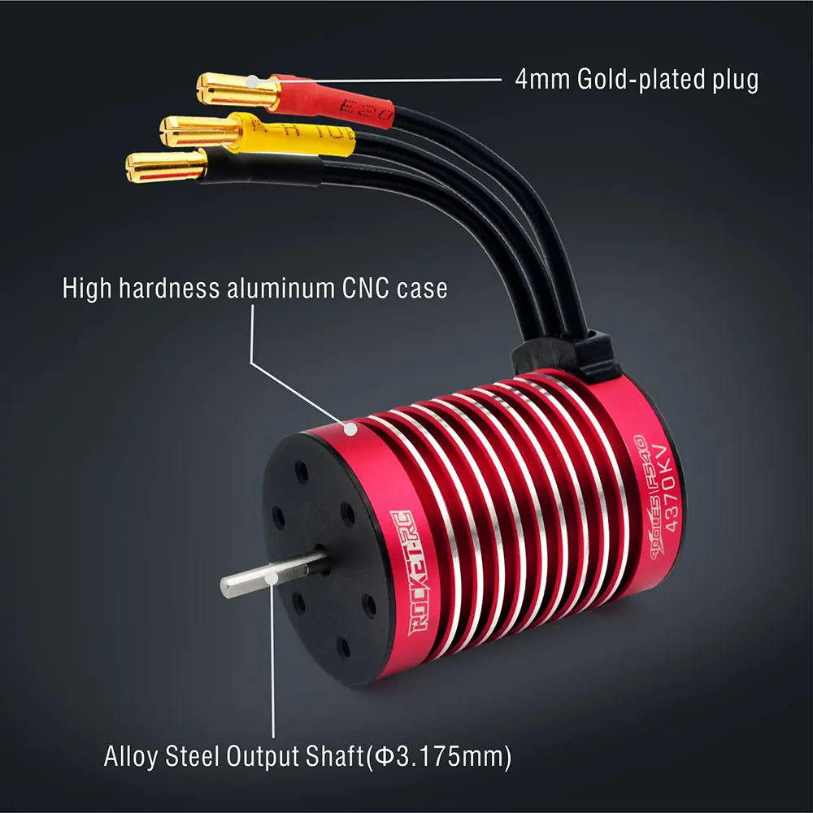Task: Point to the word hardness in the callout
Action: click(170, 289)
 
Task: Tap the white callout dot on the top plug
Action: click(253, 82)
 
